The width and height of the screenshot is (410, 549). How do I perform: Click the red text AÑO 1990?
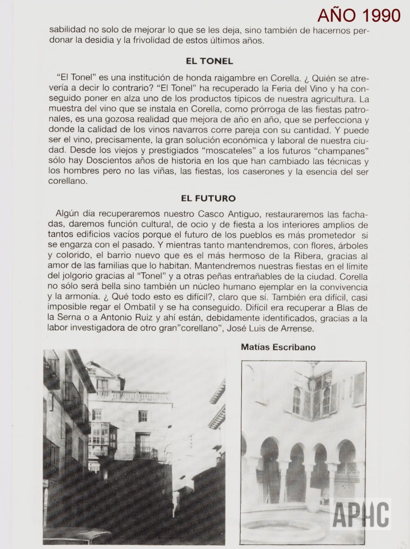click(x=358, y=15)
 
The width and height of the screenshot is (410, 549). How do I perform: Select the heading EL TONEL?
click(x=209, y=61)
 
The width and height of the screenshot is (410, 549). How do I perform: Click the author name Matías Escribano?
click(x=278, y=347)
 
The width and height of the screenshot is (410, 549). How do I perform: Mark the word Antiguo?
click(x=256, y=214)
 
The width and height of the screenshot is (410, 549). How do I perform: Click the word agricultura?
click(x=328, y=100)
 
